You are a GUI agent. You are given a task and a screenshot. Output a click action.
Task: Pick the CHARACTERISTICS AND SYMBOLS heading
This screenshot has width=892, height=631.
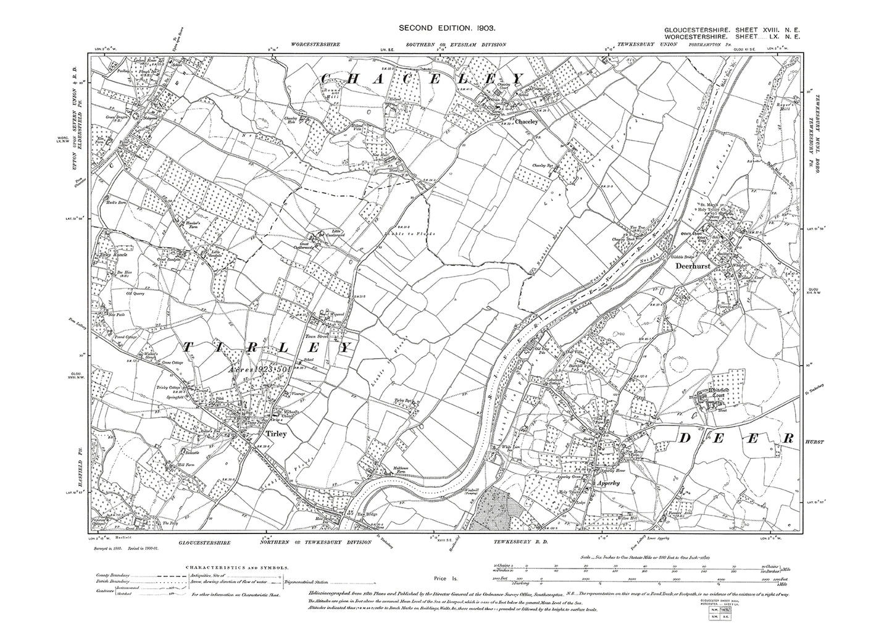coord(235,566)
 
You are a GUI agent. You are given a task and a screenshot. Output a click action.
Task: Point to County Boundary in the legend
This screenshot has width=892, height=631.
coord(115,575)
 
